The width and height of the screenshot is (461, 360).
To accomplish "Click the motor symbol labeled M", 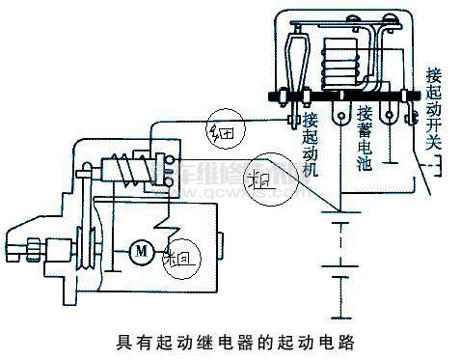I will click(141, 252).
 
